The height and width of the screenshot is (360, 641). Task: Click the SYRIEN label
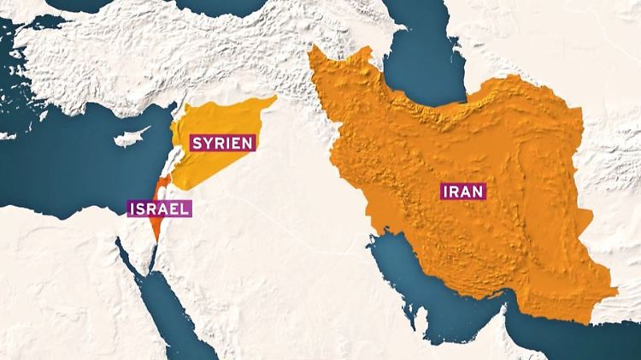(x=221, y=143)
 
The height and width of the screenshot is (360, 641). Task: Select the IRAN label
(x=462, y=192)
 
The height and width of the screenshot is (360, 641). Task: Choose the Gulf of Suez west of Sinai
(x=120, y=257)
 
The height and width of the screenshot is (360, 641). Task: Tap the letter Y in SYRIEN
(x=206, y=143)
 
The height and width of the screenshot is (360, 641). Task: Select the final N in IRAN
(x=479, y=192)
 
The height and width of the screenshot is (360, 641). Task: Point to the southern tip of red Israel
(x=152, y=241)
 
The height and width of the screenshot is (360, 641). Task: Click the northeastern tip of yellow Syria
(x=275, y=98)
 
